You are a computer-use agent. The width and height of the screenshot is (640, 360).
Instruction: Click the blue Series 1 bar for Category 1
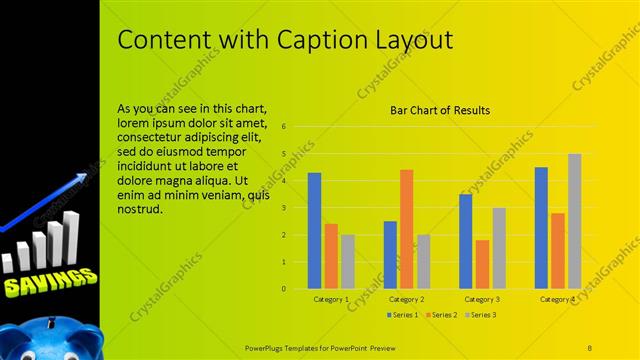314,230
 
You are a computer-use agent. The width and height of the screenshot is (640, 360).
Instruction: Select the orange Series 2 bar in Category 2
406,229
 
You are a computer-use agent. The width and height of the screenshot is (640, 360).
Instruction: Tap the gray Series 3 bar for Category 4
574,221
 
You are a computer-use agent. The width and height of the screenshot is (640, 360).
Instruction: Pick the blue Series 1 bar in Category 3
465,241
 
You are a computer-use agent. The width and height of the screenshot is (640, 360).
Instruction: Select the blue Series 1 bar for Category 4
541,227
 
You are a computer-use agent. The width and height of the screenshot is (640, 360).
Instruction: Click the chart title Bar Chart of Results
439,110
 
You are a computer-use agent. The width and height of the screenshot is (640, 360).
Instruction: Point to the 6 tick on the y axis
285,127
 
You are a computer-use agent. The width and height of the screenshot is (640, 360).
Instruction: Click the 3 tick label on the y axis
285,208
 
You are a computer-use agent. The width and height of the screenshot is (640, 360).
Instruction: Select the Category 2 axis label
406,299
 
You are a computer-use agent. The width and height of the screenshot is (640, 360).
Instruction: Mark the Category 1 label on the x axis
331,299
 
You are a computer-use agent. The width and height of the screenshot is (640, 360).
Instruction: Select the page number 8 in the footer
589,346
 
